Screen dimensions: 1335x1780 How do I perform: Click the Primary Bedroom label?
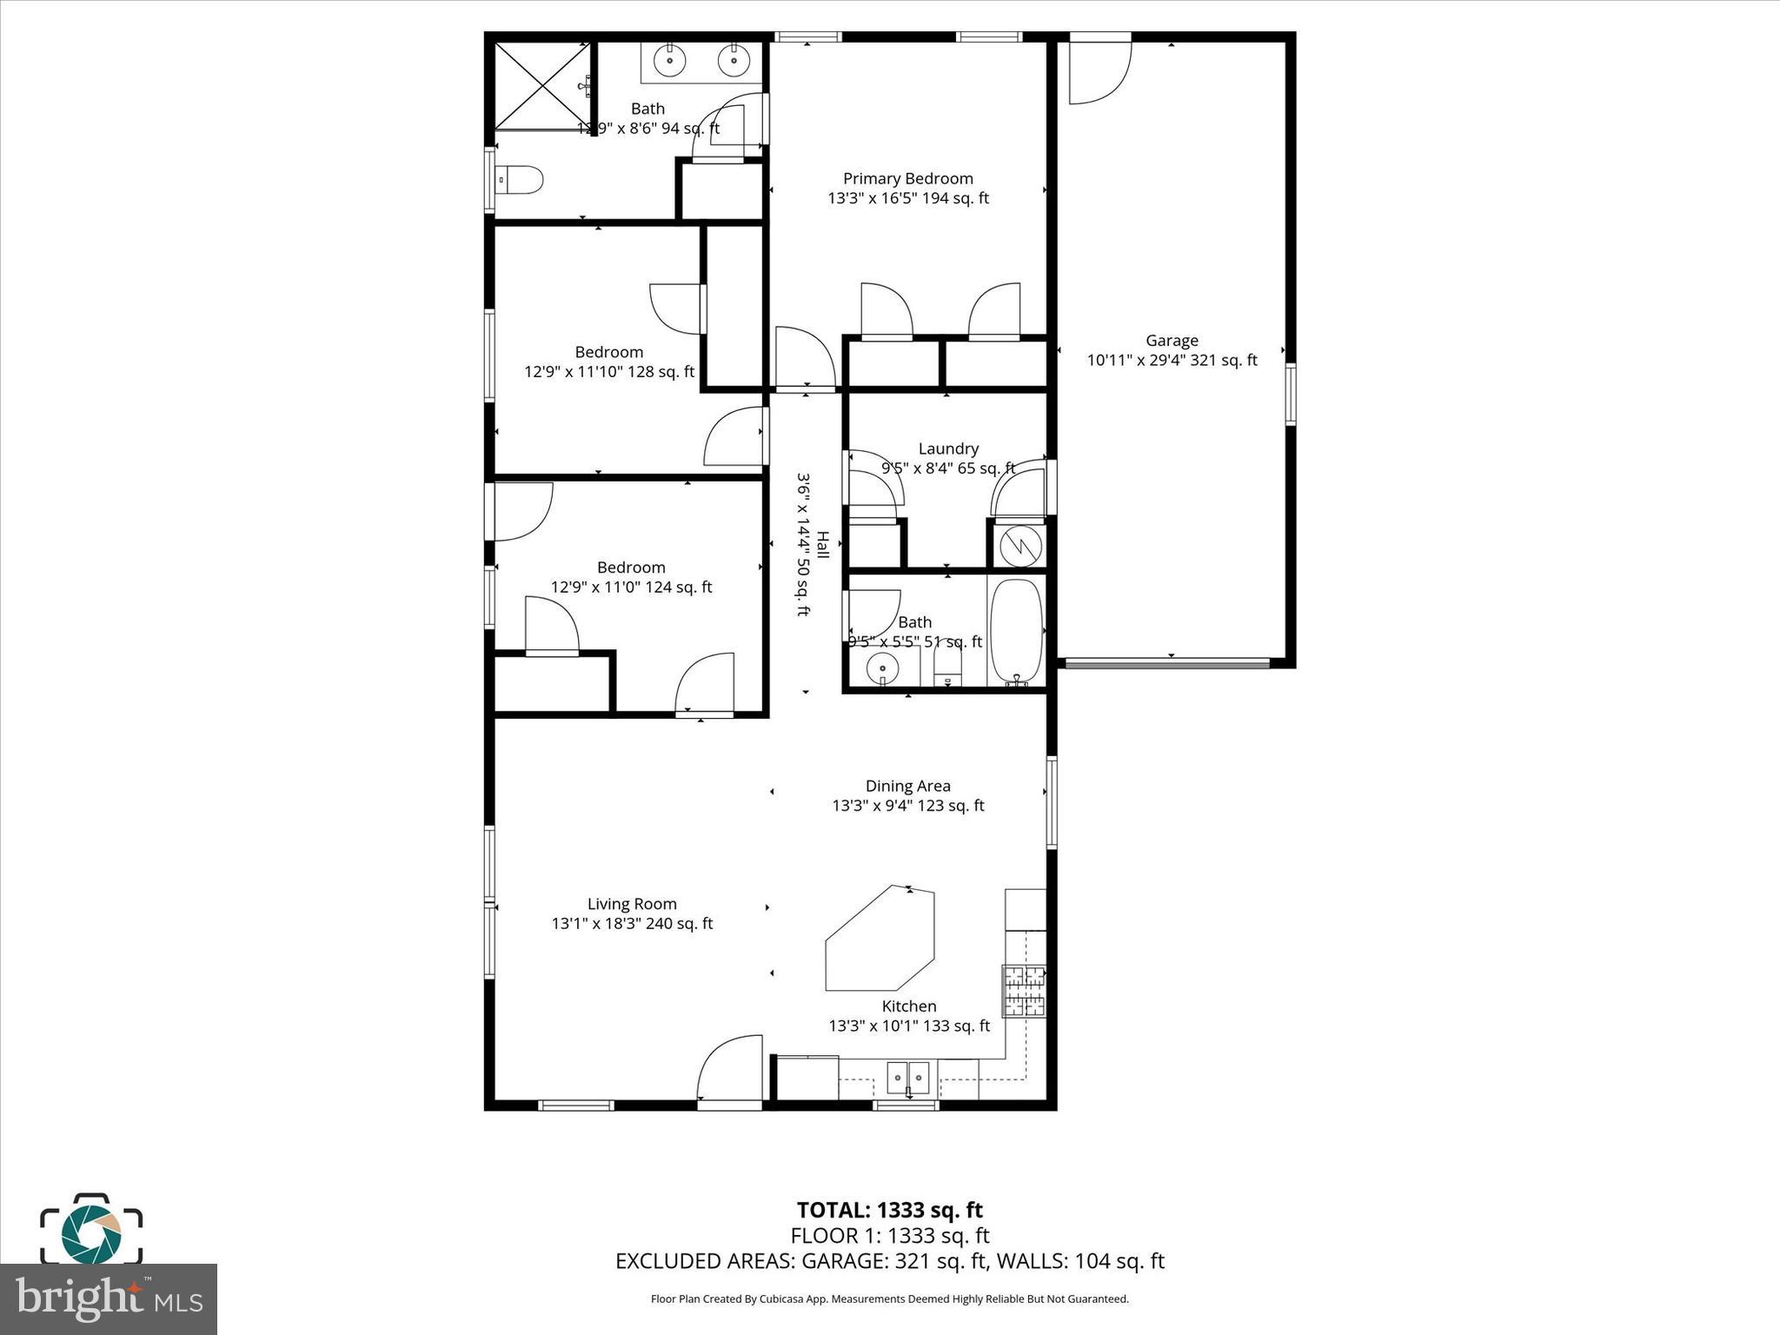tap(907, 179)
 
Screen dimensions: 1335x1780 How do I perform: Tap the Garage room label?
tap(1172, 341)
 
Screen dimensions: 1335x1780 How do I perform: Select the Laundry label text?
tap(948, 448)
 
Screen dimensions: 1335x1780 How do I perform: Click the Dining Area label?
tap(907, 786)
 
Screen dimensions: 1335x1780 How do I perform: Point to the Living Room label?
tap(632, 904)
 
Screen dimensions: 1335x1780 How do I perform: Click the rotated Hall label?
tap(822, 545)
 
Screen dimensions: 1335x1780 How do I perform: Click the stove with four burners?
tap(1024, 991)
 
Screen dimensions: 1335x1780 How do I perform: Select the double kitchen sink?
tap(907, 1078)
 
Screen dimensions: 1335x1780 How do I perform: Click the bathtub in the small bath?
tap(1016, 631)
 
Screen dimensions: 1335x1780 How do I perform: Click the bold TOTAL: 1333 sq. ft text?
tap(889, 1210)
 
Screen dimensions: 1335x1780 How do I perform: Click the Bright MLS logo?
tap(109, 1299)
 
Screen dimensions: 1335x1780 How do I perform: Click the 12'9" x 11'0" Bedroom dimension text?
tap(631, 588)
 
